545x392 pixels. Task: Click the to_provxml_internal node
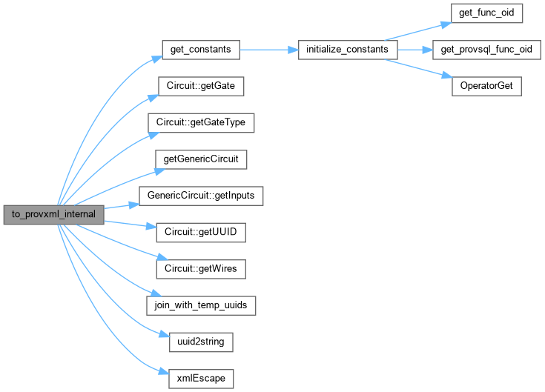53,214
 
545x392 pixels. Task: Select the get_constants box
200,50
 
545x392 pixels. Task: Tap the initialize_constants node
347,50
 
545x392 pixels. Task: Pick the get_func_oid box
487,13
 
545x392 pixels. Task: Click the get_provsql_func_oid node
486,50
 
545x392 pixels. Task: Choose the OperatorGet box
487,86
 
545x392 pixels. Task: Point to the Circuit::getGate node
201,86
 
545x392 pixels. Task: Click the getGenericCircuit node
200,159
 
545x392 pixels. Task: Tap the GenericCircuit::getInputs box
200,195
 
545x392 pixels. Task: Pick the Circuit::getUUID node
200,232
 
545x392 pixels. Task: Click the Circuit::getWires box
200,268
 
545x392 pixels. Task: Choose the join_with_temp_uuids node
201,305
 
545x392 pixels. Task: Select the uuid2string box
200,342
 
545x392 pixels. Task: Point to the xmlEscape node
201,378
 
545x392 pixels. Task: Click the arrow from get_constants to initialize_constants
267,50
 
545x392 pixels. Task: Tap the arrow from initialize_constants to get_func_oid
418,31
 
